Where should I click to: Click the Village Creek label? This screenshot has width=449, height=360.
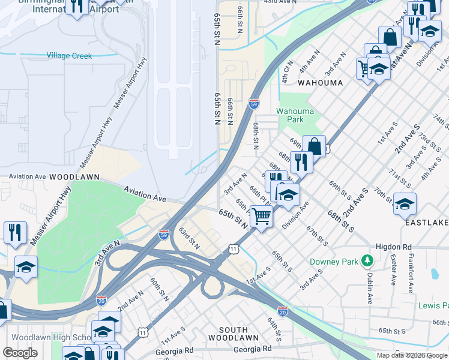pos(70,56)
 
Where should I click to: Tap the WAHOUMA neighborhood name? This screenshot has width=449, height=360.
pos(320,83)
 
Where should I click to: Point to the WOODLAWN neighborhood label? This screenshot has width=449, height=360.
pos(74,178)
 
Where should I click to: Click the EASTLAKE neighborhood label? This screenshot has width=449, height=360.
pos(426,222)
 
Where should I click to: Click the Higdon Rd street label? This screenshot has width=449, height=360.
pos(394,247)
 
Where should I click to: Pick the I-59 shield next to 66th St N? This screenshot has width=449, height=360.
pos(254,104)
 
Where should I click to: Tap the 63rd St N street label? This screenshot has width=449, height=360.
pos(188,238)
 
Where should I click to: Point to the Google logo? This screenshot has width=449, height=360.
pos(20,353)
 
